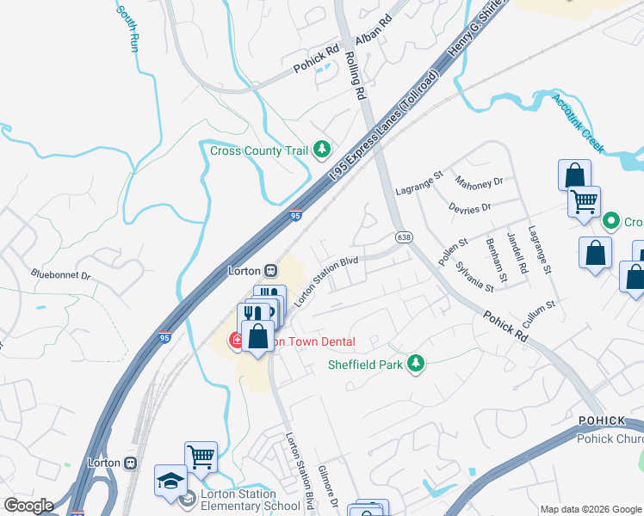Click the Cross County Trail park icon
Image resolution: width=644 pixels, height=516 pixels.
(x=322, y=150)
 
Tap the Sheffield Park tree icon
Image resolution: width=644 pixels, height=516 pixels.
(x=416, y=364)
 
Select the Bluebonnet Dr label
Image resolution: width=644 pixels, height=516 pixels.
(x=61, y=276)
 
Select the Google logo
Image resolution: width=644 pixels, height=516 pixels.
(x=28, y=506)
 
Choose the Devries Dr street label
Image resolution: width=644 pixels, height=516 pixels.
(x=469, y=207)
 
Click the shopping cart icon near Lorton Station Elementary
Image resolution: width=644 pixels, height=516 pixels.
(x=201, y=457)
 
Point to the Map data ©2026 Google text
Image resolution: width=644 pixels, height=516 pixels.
(x=591, y=508)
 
